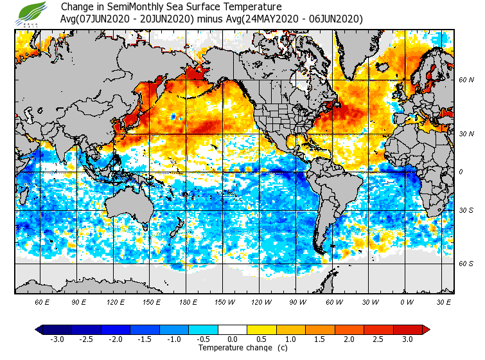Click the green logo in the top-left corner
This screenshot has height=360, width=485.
32,14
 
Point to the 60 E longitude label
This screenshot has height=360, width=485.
42,301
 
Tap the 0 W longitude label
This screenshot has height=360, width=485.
407,301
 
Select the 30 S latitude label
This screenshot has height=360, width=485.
466,211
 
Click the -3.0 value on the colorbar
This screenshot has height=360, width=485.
58,339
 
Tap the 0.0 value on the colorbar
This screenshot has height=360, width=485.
233,339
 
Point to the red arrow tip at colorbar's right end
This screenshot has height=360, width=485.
427,330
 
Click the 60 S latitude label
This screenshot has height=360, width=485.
466,264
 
